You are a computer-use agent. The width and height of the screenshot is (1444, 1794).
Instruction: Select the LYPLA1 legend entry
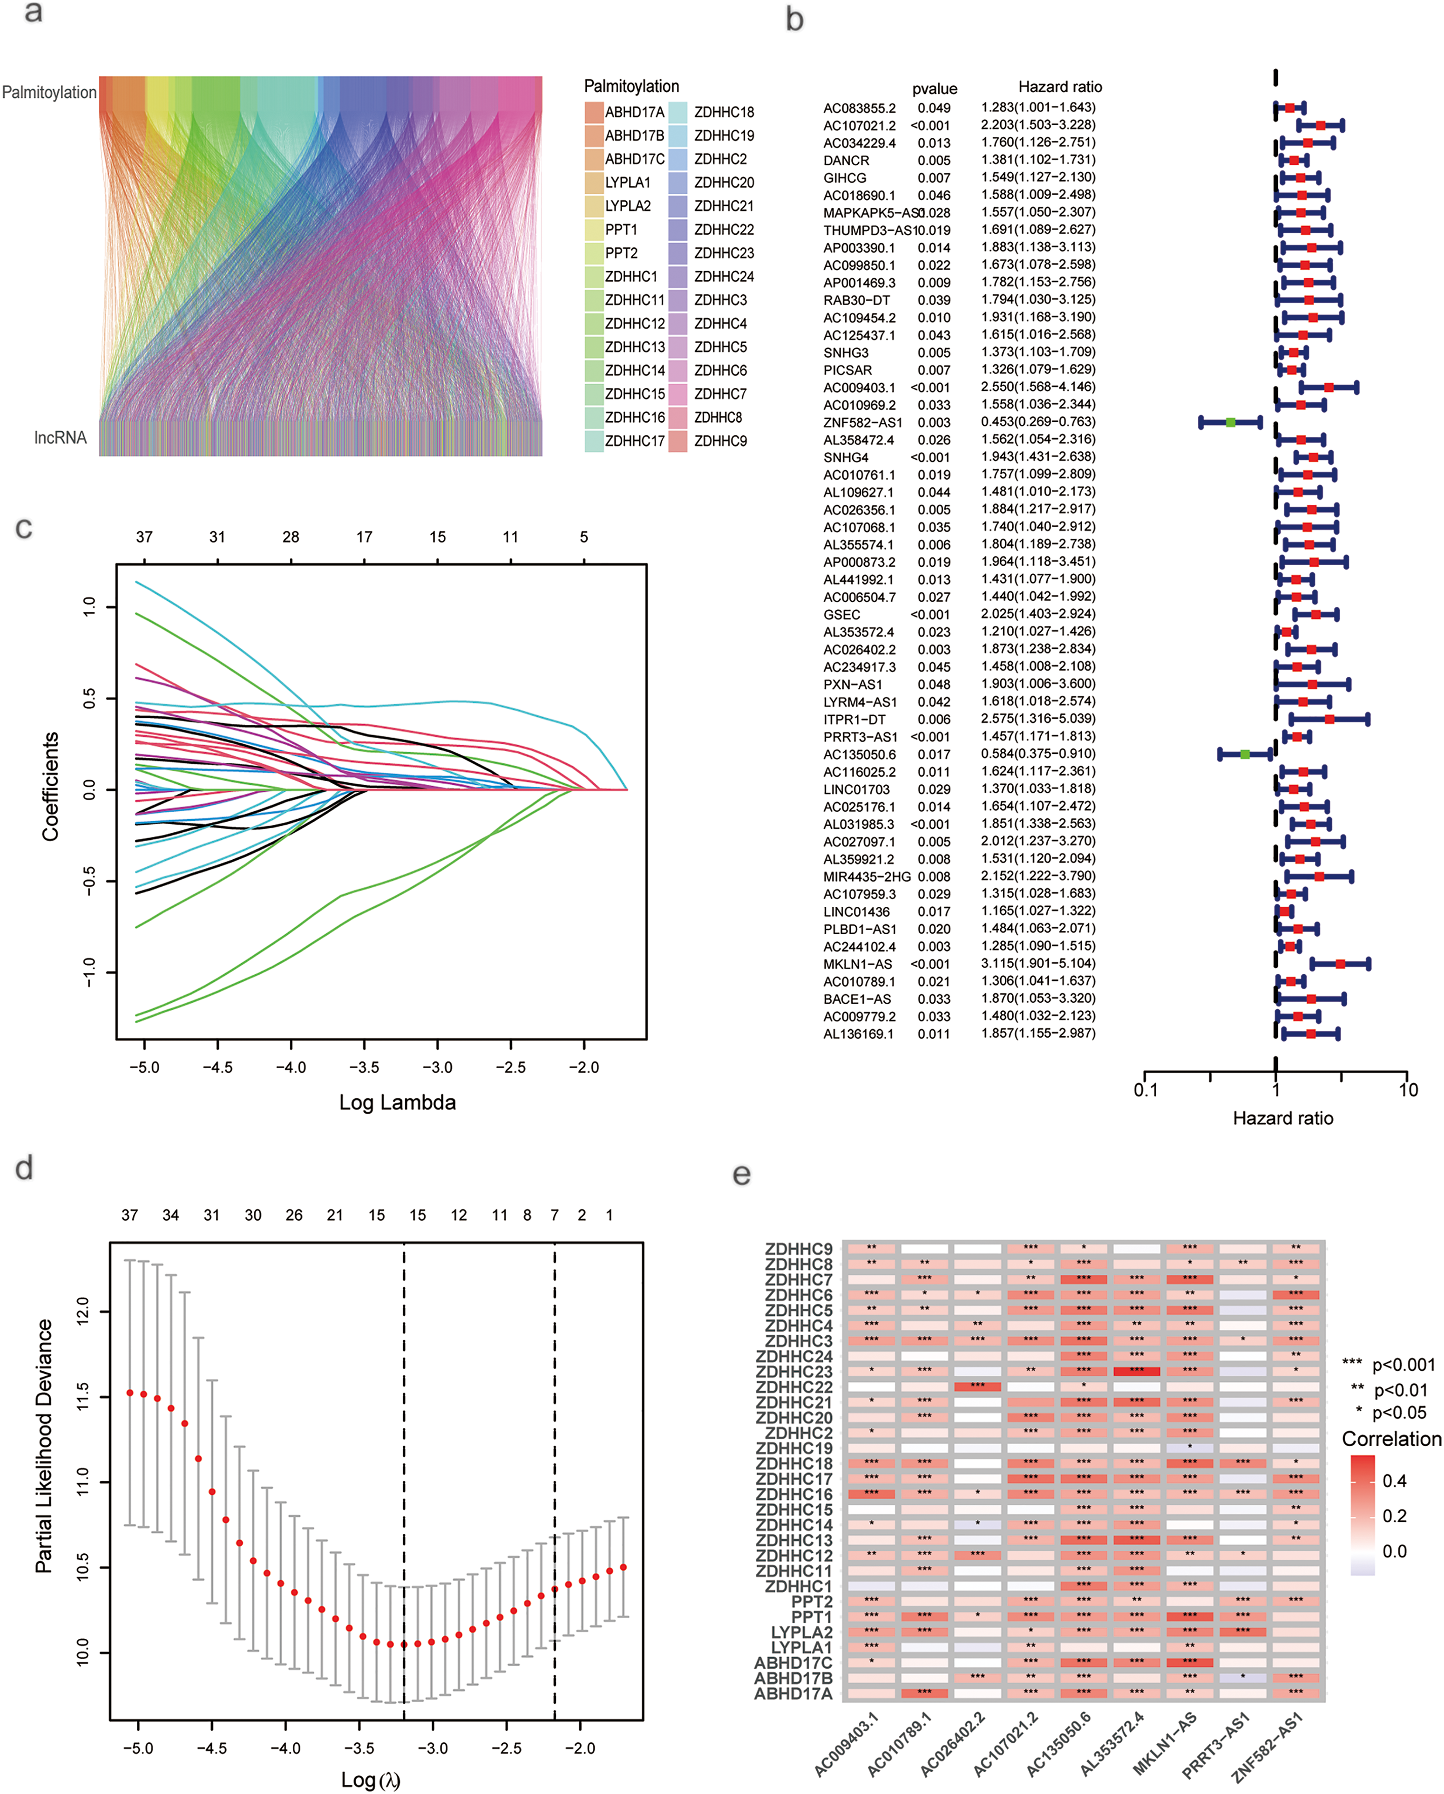pos(627,182)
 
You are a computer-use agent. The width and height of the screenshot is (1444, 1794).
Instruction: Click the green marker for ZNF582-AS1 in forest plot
pos(1230,423)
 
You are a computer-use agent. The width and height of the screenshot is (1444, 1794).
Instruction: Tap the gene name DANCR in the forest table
pos(846,160)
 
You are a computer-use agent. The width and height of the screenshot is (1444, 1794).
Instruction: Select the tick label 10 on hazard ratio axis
pos(1408,1090)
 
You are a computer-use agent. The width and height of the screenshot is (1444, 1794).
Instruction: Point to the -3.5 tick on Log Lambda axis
pos(363,1068)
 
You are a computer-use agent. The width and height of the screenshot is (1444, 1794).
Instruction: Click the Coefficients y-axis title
pos(50,786)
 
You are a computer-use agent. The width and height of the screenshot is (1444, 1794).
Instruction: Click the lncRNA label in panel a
pos(60,437)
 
